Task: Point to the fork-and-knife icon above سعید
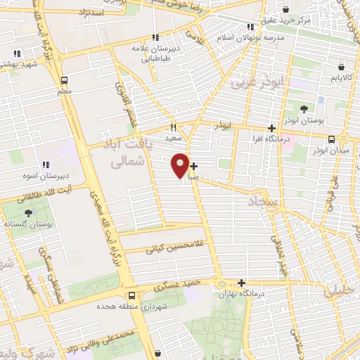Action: tap(173, 128)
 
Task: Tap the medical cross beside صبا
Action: tap(193, 167)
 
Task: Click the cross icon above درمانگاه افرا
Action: tap(271, 128)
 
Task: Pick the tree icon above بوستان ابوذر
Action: tap(303, 108)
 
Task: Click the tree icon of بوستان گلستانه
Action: tap(28, 212)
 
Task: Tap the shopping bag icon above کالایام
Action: tap(341, 67)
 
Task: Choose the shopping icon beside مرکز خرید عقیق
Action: tap(286, 10)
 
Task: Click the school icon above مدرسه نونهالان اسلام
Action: tap(251, 27)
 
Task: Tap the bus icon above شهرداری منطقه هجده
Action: tap(132, 295)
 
